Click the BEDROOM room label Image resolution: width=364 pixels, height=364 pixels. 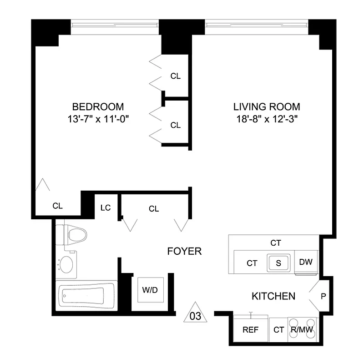tap(98, 107)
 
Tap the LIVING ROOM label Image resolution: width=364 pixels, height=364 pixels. tap(267, 107)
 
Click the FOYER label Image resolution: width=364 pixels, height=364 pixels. tap(184, 252)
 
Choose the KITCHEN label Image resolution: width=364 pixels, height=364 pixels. tap(273, 296)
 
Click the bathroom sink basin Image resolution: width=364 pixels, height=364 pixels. tap(67, 264)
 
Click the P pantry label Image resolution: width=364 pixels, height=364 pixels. tap(324, 296)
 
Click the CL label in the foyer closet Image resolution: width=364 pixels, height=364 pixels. tap(154, 209)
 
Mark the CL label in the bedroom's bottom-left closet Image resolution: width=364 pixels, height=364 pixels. tap(57, 206)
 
